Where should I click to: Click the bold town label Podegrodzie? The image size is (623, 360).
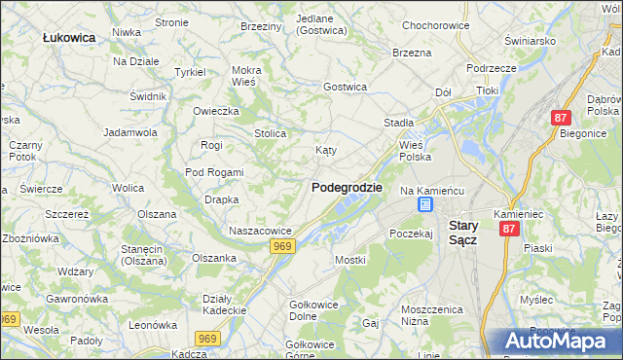[347, 187]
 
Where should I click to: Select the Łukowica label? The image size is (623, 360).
[69, 37]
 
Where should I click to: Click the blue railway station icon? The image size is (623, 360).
[425, 204]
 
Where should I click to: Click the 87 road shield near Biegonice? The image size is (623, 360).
[560, 117]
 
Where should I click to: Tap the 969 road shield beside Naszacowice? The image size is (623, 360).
[282, 247]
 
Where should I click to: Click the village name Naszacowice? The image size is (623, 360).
[260, 231]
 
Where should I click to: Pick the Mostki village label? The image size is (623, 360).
[349, 260]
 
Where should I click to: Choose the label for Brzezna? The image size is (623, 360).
[411, 53]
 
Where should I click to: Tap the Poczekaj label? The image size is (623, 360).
[410, 234]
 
